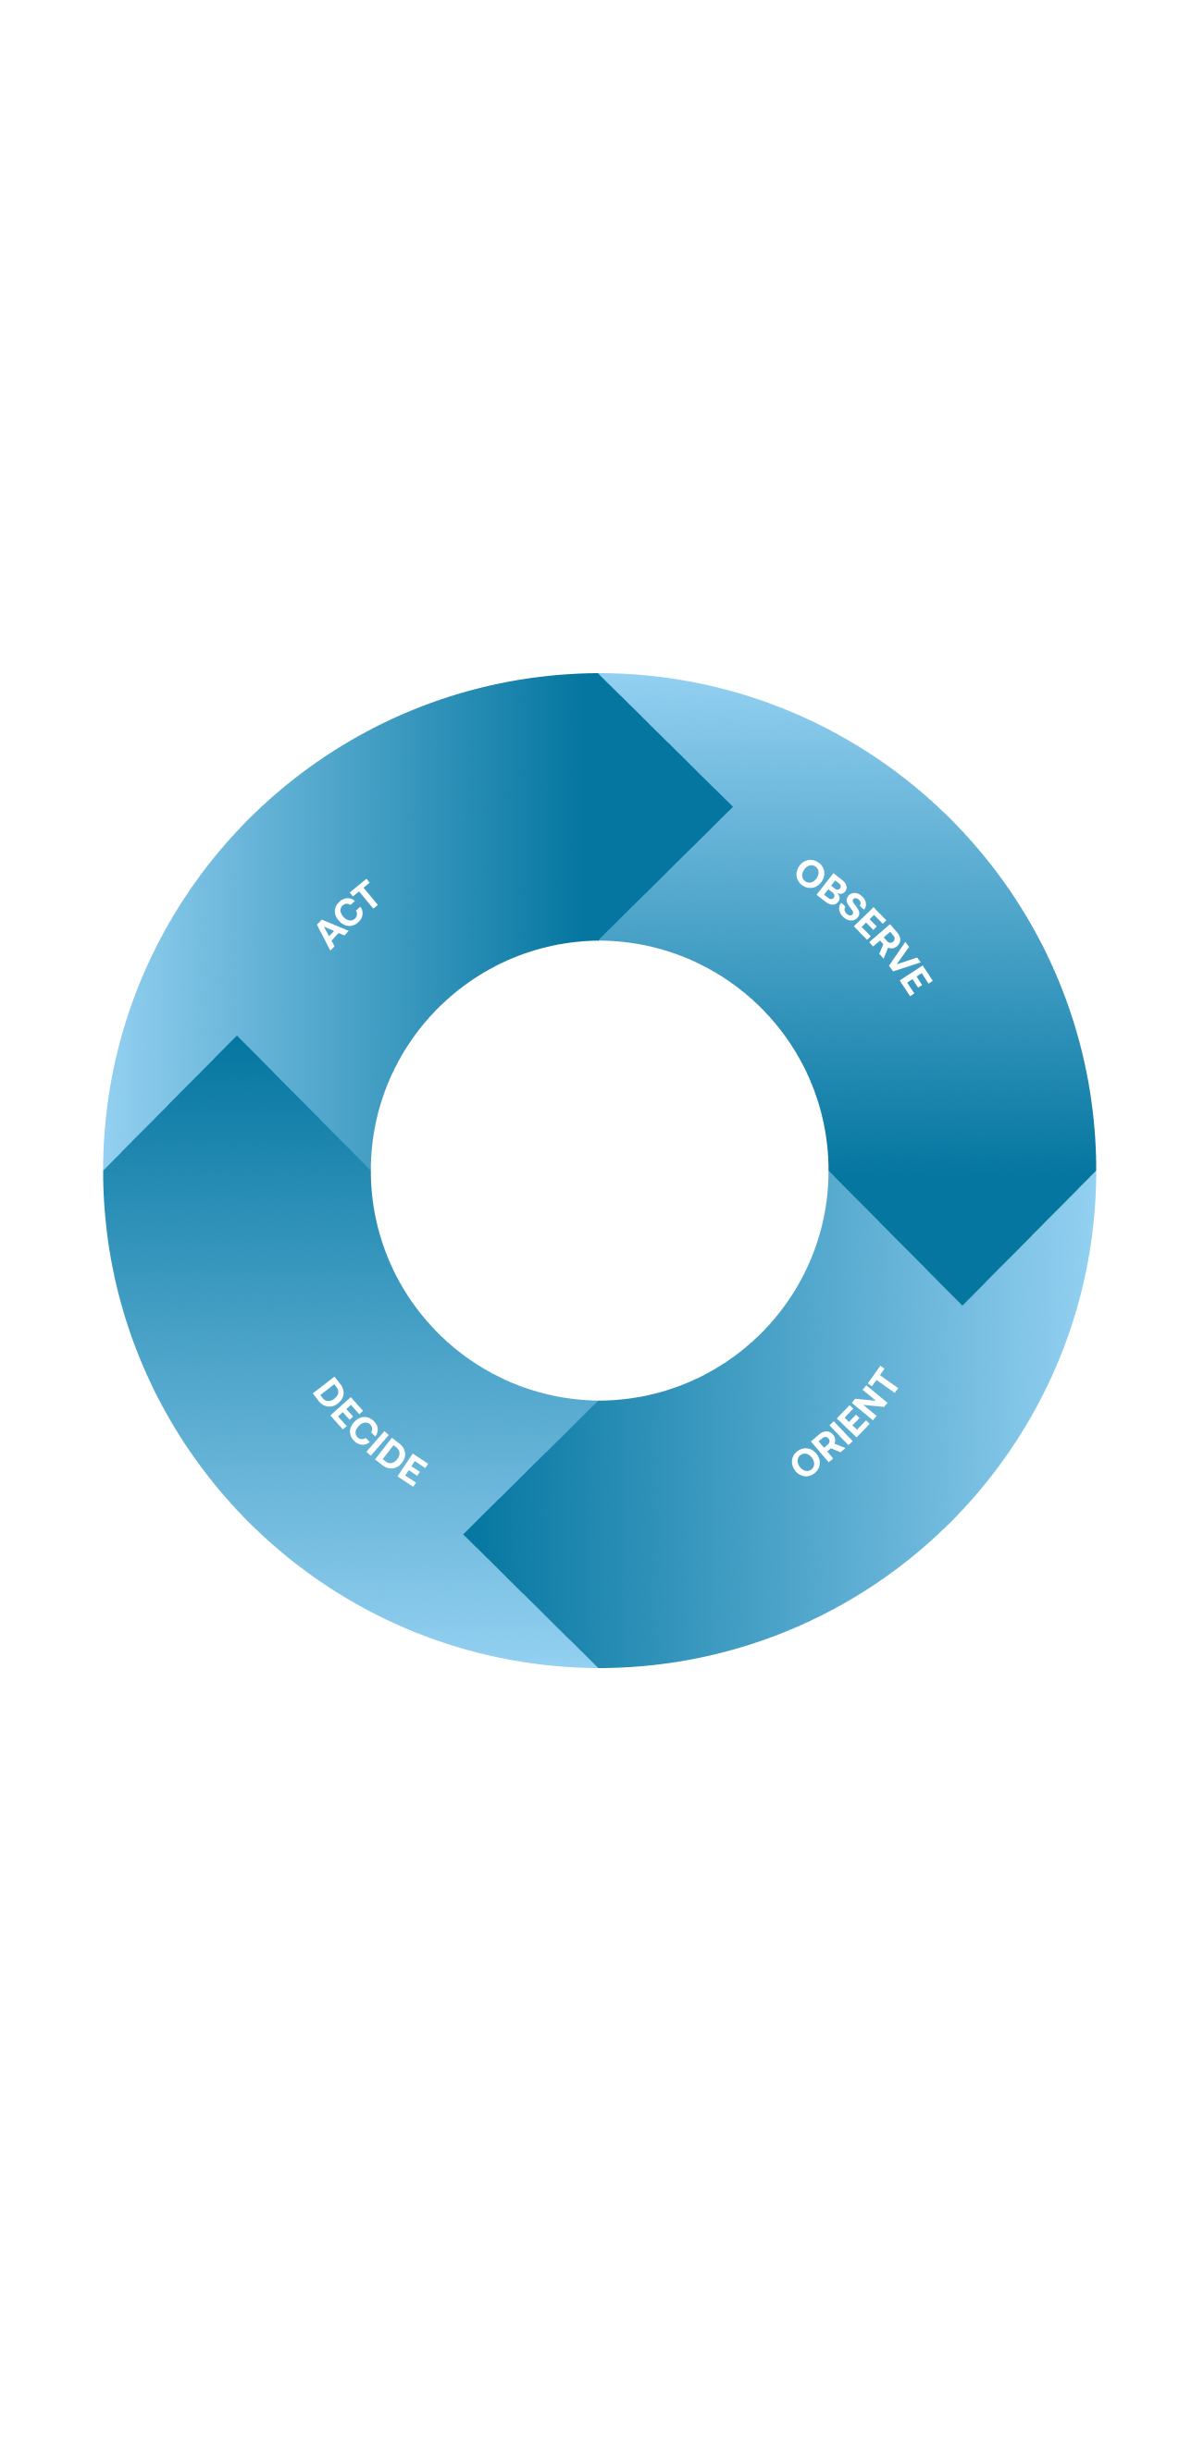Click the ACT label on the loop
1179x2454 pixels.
click(x=348, y=914)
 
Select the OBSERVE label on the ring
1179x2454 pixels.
click(x=863, y=926)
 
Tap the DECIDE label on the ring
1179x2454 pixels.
click(x=369, y=1430)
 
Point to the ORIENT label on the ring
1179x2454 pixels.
click(x=845, y=1421)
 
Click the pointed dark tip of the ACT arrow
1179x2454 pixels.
click(x=730, y=808)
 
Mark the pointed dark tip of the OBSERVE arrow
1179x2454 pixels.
click(x=962, y=1302)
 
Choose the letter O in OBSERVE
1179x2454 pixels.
click(x=809, y=874)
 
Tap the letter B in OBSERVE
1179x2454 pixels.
click(x=827, y=891)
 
